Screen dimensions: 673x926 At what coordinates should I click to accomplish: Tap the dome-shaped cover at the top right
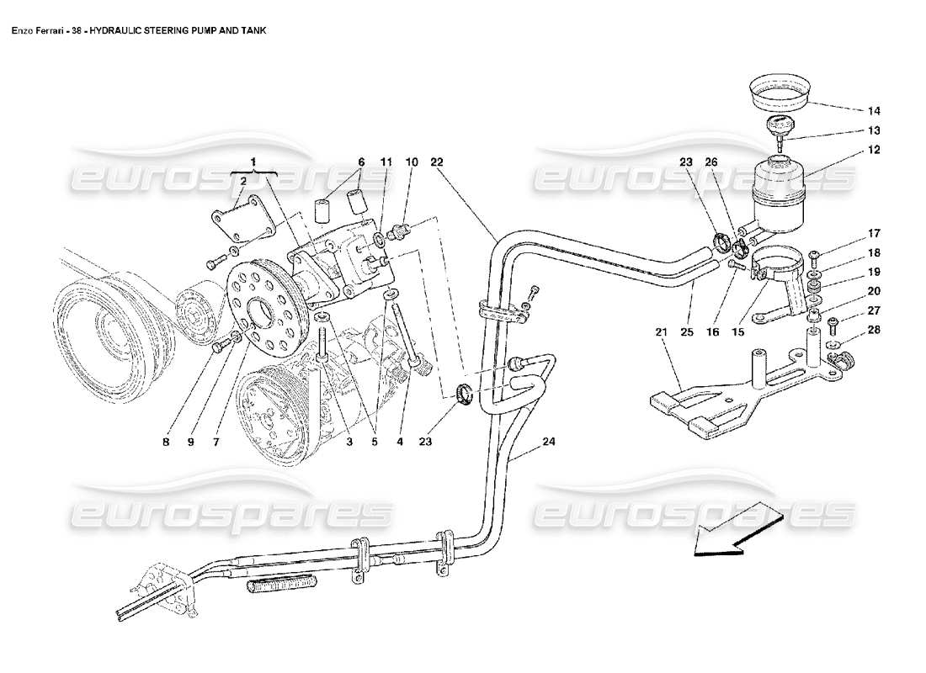[779, 91]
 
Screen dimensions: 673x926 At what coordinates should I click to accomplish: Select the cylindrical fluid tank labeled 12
[779, 193]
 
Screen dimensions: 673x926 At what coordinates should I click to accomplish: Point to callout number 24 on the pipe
[549, 442]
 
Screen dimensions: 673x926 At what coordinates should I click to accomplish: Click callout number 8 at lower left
[166, 440]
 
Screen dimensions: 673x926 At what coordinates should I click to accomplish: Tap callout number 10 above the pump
[412, 161]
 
